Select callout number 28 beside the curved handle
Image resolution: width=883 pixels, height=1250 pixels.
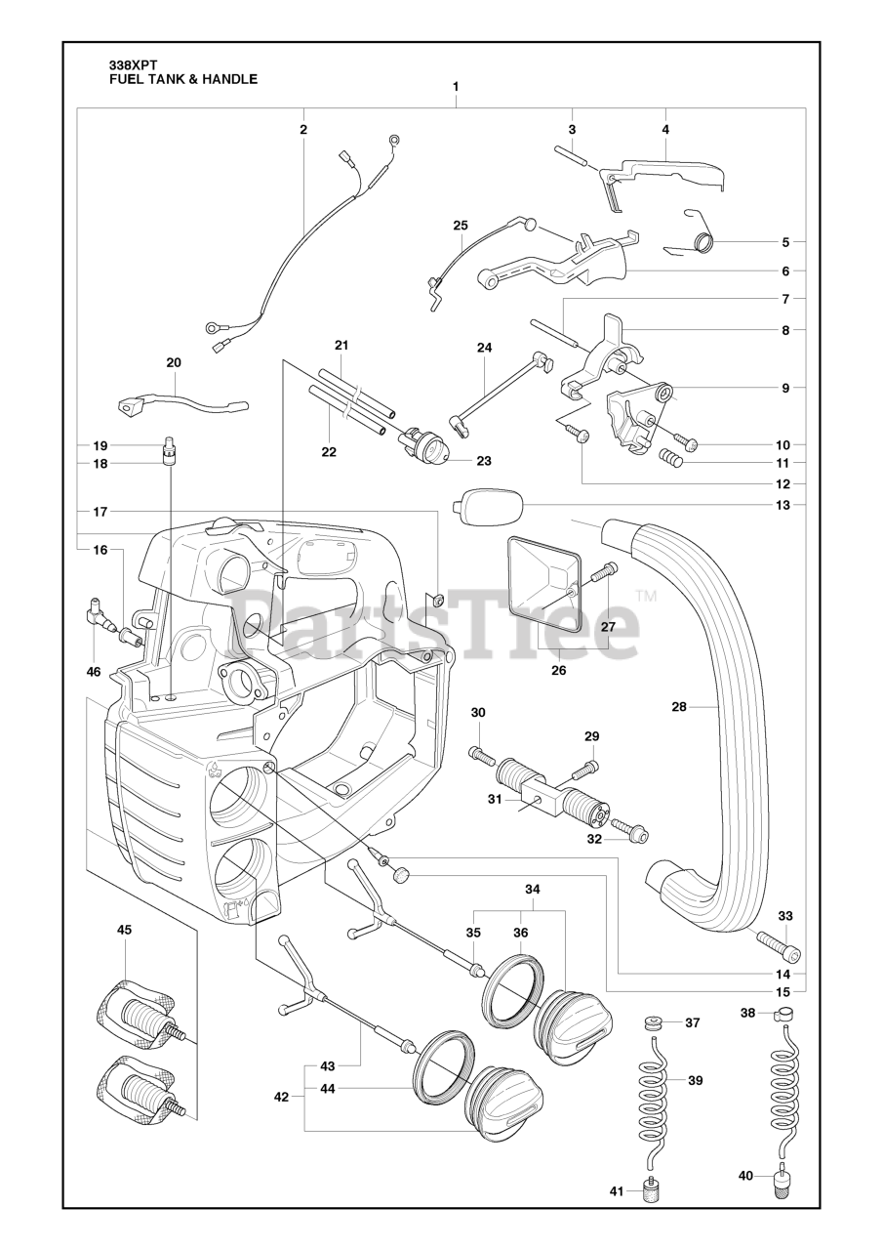coord(680,703)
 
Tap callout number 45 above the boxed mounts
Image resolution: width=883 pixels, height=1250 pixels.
coord(124,930)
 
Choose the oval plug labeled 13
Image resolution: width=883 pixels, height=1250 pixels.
coord(490,507)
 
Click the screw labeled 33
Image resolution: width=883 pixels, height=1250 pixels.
coord(778,946)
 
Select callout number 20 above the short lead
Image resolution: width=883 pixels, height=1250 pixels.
coord(174,362)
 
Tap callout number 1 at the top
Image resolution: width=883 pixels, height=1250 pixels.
coord(456,87)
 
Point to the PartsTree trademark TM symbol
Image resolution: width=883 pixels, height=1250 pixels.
coord(645,595)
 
